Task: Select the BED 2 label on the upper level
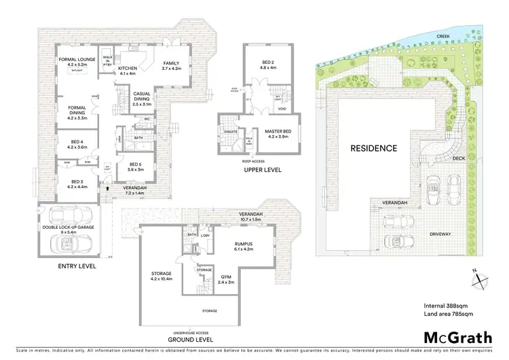point(267,64)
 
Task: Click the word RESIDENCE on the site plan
point(373,147)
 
